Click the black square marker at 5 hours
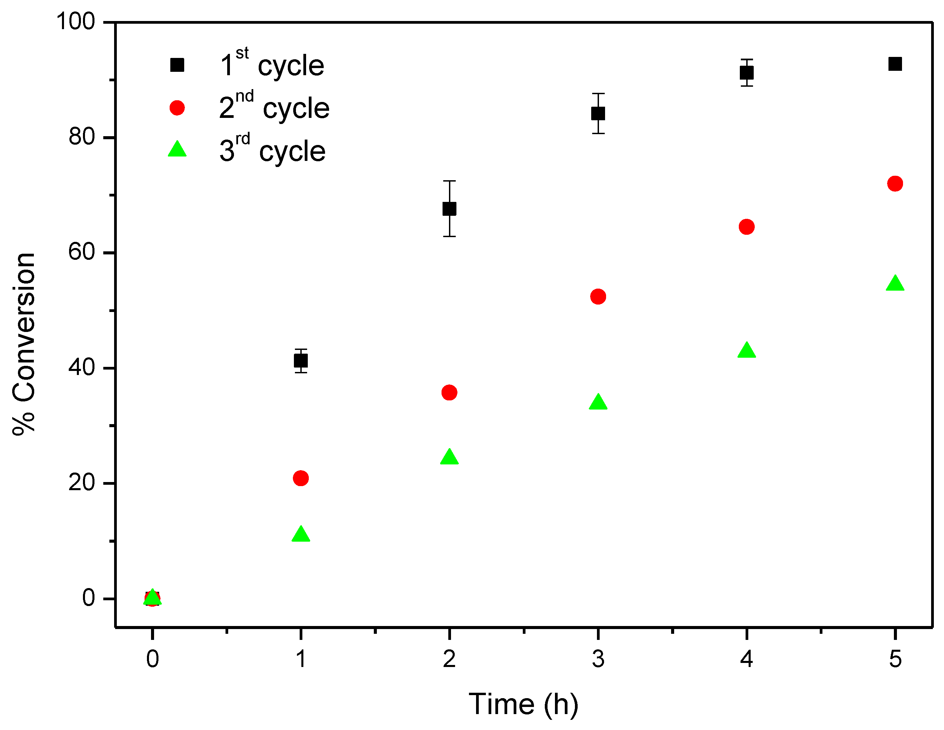tap(895, 64)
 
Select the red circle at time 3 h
tap(598, 297)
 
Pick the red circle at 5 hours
tap(895, 183)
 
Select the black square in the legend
tap(177, 65)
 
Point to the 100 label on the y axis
tap(75, 21)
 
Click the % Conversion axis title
tap(24, 344)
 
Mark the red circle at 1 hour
tap(301, 478)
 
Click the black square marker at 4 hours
tap(747, 72)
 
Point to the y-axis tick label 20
tap(81, 483)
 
